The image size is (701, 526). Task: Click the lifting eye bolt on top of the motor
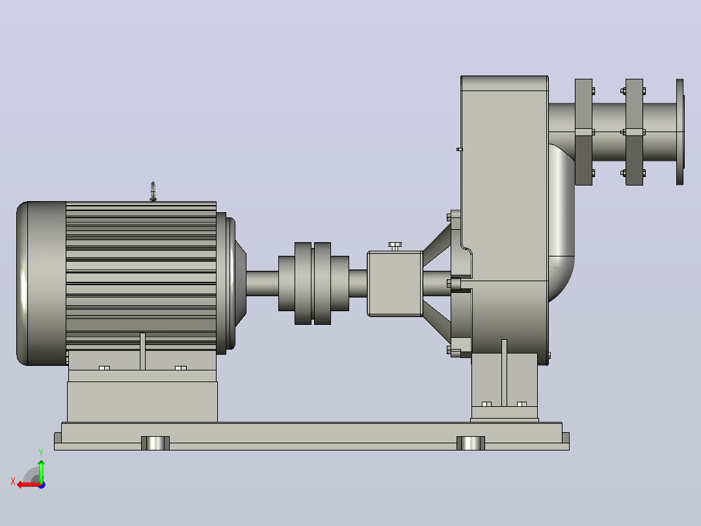point(153,191)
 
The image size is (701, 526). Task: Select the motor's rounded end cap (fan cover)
point(41,283)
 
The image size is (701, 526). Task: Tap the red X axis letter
point(13,481)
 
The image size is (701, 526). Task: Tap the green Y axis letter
point(41,453)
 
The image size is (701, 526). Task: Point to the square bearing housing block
point(395,284)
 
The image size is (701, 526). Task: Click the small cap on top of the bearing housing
point(395,246)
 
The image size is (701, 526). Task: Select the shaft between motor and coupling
point(262,283)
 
